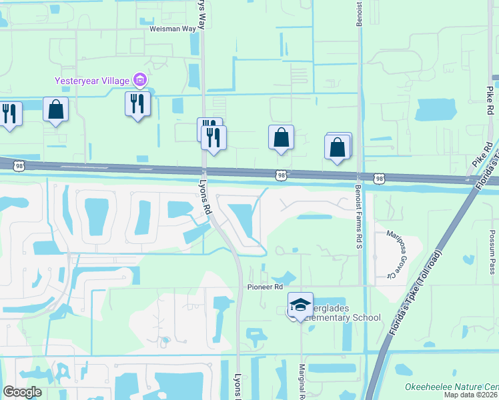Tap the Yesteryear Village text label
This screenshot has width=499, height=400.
click(93, 81)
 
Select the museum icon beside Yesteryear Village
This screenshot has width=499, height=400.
click(139, 81)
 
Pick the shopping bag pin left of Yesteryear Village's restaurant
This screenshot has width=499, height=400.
click(55, 109)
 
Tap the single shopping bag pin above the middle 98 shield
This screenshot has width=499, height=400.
click(281, 138)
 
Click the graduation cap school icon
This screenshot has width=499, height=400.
click(300, 305)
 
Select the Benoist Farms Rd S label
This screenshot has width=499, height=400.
click(358, 208)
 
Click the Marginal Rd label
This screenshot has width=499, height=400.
click(301, 383)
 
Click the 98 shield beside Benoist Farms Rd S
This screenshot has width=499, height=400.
click(379, 179)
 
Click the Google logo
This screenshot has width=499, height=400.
click(23, 392)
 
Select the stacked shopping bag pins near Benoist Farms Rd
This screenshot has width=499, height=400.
click(338, 147)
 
